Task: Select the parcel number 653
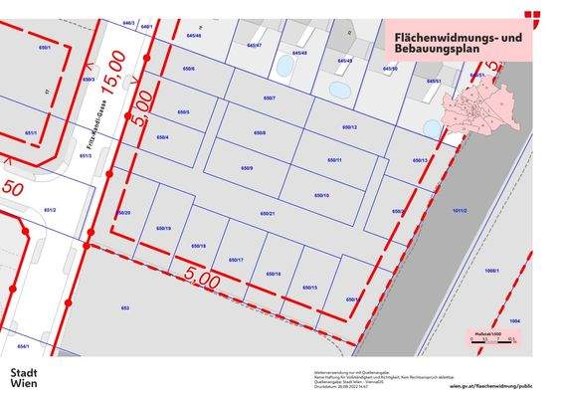pos(125,308)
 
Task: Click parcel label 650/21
pos(267,214)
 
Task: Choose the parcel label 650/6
pos(188,69)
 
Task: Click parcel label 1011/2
pos(459,211)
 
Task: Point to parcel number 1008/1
pos(491,271)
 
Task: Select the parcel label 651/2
pos(50,210)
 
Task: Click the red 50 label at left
pos(12,187)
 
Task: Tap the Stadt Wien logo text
pos(24,378)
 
